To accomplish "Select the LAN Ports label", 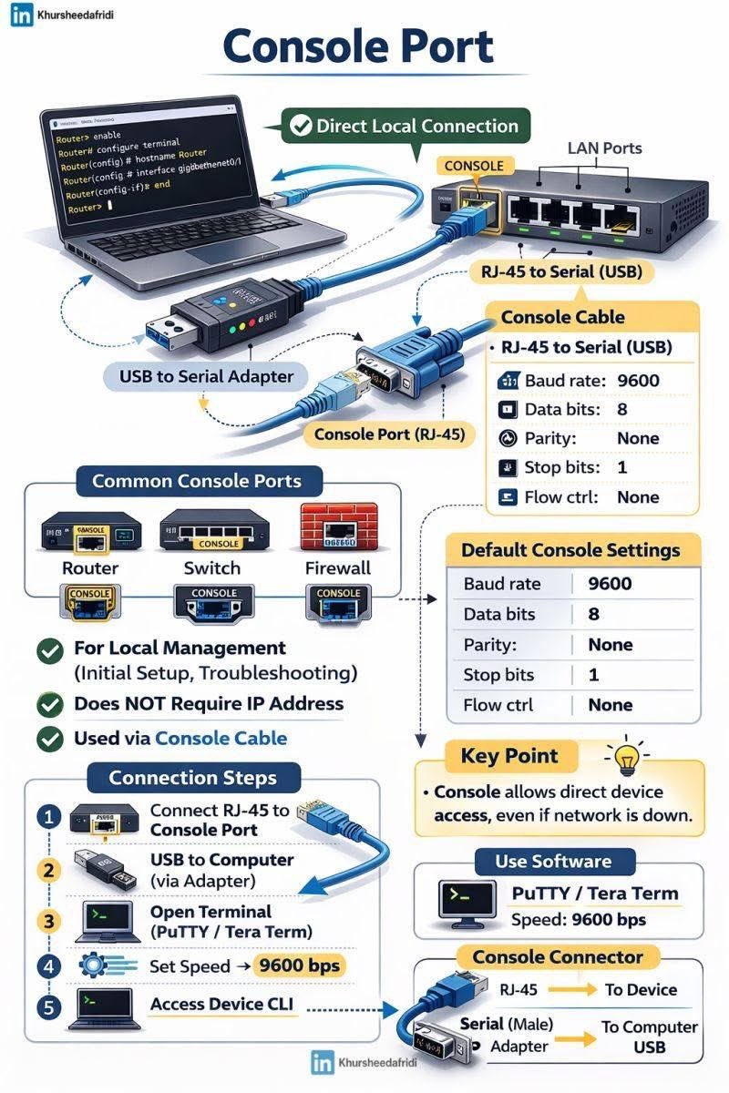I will point(604,148).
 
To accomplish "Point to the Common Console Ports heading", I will point(196,480).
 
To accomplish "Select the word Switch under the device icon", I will point(211,568).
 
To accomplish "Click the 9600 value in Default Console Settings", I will point(611,584).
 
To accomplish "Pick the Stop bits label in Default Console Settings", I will point(498,675).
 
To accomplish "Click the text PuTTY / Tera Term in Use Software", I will point(595,893).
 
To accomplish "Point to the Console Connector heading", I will point(557,956).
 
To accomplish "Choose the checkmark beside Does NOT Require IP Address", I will point(48,704).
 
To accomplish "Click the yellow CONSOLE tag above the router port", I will point(474,166).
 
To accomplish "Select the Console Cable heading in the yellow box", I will point(563,317).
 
